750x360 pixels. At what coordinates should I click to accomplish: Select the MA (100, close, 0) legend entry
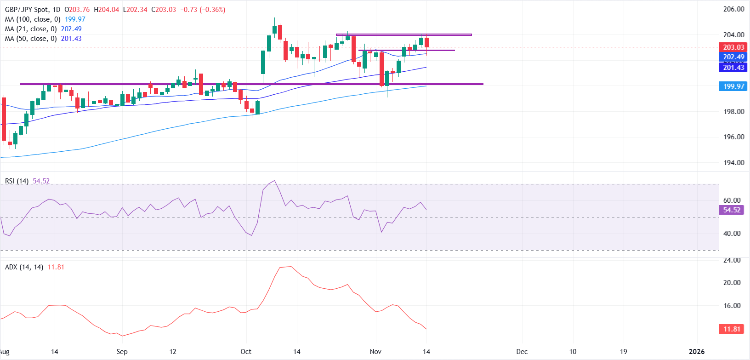[x=32, y=19]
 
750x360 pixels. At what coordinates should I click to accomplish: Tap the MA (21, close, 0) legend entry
[x=30, y=29]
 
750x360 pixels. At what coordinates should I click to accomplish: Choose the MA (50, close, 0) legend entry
[x=30, y=39]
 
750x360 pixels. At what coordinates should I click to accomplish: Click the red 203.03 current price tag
[x=733, y=47]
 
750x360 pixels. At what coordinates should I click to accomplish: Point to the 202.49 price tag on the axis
[x=733, y=57]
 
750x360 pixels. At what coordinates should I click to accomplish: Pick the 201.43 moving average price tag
[x=733, y=68]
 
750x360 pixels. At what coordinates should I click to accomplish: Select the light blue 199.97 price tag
[x=733, y=86]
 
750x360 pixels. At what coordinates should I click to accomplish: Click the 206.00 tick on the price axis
[x=733, y=9]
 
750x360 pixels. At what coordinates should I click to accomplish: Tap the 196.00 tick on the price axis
[x=733, y=137]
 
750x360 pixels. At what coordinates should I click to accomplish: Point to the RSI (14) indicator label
[x=17, y=181]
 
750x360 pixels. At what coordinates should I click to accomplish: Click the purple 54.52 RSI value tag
[x=732, y=210]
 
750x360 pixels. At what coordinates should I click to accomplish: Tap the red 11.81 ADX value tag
[x=732, y=329]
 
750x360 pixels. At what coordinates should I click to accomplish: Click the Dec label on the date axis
[x=522, y=352]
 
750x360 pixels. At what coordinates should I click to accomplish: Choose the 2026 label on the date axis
[x=697, y=352]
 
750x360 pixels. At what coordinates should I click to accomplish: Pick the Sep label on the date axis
[x=122, y=352]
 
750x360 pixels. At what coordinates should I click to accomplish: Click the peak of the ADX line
[x=290, y=266]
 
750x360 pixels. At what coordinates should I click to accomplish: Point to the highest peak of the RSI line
[x=274, y=181]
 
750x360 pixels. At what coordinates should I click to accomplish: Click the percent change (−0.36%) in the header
[x=212, y=10]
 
